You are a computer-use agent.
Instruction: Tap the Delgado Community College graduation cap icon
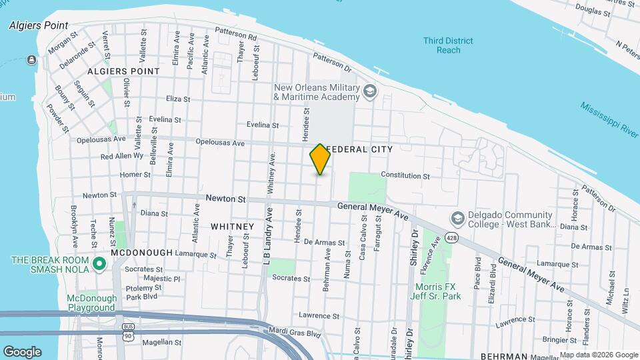(x=458, y=219)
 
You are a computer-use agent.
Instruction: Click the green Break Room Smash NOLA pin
(x=99, y=265)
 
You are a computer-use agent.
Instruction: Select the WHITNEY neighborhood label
(x=232, y=227)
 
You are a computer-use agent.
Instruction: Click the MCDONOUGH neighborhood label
(x=141, y=253)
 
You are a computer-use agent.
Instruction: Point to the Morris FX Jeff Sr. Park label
(x=436, y=291)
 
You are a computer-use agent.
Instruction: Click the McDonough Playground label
(x=91, y=303)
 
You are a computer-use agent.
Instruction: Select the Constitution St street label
(x=405, y=175)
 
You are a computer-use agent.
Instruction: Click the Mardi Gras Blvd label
(x=291, y=329)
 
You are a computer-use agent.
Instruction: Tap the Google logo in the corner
(x=22, y=351)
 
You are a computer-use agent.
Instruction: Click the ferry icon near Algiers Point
(x=31, y=61)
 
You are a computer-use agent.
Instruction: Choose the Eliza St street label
(x=178, y=99)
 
